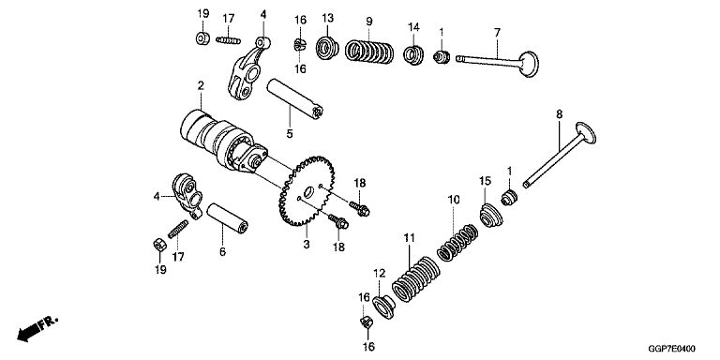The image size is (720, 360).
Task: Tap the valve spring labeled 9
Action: coord(368,52)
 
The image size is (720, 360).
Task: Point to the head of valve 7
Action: coord(529,64)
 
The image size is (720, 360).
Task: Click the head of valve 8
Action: coord(585,133)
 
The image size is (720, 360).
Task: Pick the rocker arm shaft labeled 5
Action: coord(294,98)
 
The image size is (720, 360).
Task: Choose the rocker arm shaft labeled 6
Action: coord(227,218)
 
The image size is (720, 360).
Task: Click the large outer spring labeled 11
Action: coord(415,279)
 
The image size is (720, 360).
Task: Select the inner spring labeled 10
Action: coord(457,242)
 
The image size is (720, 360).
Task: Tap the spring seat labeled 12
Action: coord(383,307)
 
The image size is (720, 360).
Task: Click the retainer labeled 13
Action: coord(327,47)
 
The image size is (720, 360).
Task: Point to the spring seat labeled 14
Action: coord(413,55)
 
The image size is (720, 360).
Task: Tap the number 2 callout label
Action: coord(201,85)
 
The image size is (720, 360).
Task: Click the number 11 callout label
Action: coord(409,238)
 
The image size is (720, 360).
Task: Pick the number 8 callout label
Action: coord(559,114)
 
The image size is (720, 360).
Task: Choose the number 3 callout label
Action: coord(307,245)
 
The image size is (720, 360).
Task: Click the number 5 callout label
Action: coord(290,134)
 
